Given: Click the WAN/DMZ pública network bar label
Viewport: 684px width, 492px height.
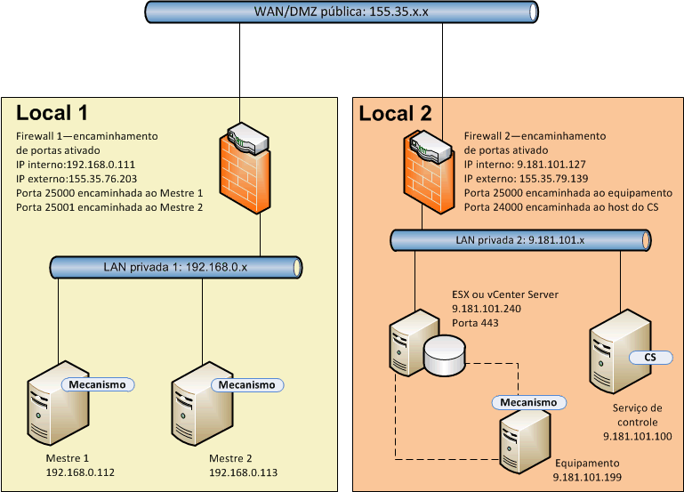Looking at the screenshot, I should (x=341, y=12).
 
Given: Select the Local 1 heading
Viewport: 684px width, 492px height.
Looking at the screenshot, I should (x=52, y=113).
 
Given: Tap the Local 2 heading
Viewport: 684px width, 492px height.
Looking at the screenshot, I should (x=395, y=113).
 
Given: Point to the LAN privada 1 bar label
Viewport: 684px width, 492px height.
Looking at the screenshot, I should (x=178, y=266).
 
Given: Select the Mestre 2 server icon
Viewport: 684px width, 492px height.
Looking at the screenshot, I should (x=202, y=408).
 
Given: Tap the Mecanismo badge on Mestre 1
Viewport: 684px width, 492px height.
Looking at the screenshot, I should (x=98, y=384).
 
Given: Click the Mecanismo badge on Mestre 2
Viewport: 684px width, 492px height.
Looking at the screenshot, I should (x=246, y=385).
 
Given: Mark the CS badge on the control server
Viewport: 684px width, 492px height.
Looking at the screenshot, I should (x=649, y=357).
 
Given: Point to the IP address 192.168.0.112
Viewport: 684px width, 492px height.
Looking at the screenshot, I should (x=80, y=472).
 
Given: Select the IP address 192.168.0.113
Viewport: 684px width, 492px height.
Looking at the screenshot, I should (x=244, y=472).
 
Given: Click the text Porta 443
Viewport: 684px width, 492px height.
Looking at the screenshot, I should (x=475, y=321).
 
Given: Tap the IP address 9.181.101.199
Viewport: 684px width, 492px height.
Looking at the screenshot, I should (x=587, y=478).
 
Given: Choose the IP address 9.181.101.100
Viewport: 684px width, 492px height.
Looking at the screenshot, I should (x=636, y=437).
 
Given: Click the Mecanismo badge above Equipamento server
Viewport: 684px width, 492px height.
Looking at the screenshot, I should (x=528, y=402).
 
